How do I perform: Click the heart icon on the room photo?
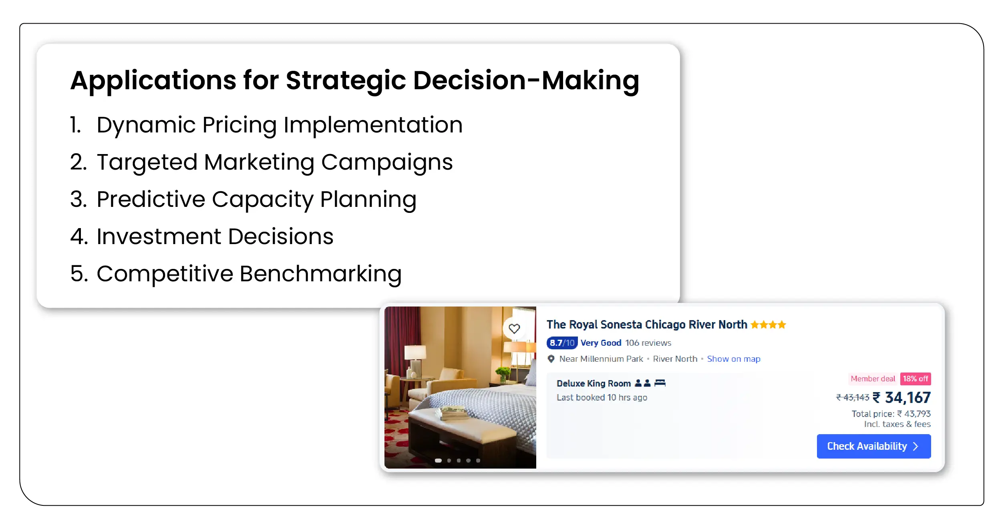(514, 329)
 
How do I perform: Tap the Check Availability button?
(873, 446)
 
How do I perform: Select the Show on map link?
(733, 359)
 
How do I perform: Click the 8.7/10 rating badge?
(562, 343)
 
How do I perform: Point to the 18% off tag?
(915, 379)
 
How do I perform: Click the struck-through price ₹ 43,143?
(853, 397)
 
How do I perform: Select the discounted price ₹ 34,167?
(901, 397)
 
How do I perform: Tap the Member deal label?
(873, 379)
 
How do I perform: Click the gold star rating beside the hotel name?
(768, 325)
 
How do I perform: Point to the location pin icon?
(551, 359)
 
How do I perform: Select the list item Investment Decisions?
(202, 236)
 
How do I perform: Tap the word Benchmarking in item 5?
(320, 274)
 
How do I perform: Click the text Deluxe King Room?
(594, 383)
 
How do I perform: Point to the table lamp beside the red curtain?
(415, 360)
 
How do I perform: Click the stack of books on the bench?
(454, 412)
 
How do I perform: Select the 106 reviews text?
(648, 343)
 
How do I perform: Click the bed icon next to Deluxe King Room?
(660, 383)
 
